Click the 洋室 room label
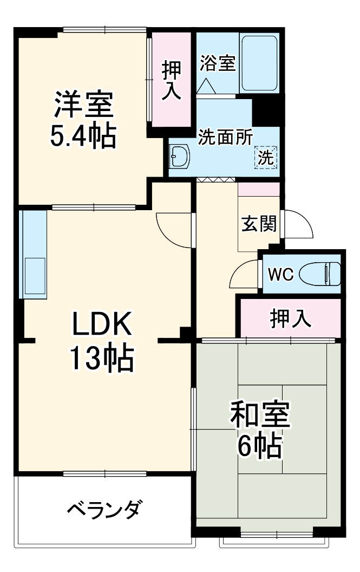pos(83,106)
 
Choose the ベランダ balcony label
pos(106,510)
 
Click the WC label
pos(282,275)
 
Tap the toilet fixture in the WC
pos(320,274)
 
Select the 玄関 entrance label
pos(259,223)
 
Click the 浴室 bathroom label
pos(217,63)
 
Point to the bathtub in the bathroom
pos(259,63)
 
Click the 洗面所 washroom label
pos(225,138)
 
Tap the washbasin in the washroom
pos(180,158)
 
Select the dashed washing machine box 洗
pos(265,157)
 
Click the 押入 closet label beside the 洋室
pos(171,80)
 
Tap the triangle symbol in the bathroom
pos(206,86)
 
